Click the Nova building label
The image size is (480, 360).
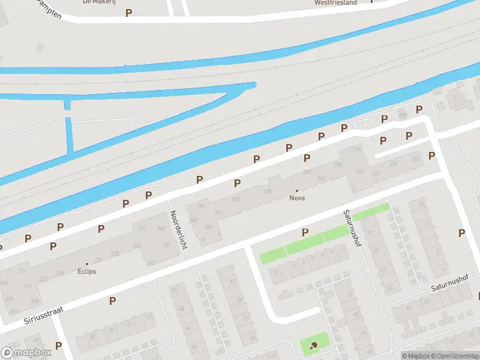(296, 198)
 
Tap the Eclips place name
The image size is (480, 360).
(86, 271)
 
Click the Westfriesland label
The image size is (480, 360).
(335, 2)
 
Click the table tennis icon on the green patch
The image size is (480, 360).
(314, 345)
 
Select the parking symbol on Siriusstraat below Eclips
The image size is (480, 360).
(112, 301)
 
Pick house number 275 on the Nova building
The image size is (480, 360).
(236, 199)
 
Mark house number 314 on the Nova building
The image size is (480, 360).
(357, 149)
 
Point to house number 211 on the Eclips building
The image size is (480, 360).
(22, 271)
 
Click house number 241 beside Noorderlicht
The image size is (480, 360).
(167, 244)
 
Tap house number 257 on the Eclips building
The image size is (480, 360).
(142, 228)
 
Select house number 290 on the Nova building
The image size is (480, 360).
(201, 207)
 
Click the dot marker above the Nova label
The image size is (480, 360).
(296, 190)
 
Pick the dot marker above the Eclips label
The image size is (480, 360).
(86, 263)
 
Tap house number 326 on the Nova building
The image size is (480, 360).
(360, 172)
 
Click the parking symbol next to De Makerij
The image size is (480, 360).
(128, 13)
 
